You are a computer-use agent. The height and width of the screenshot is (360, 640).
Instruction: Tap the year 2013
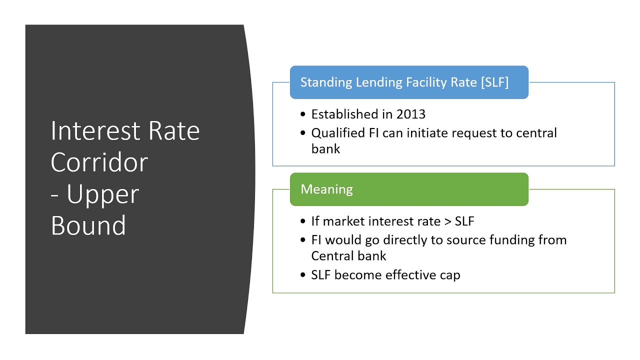pyautogui.click(x=410, y=114)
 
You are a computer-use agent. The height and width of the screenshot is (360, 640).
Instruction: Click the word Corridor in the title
pyautogui.click(x=99, y=162)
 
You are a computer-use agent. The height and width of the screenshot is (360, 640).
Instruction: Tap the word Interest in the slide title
pyautogui.click(x=90, y=131)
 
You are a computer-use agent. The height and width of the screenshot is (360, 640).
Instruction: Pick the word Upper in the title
pyautogui.click(x=102, y=194)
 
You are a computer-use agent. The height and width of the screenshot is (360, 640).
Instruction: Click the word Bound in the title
pyautogui.click(x=88, y=225)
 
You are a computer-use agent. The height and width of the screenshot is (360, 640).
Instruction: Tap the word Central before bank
pyautogui.click(x=334, y=256)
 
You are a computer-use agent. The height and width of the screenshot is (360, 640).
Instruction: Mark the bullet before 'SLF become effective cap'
pyautogui.click(x=303, y=275)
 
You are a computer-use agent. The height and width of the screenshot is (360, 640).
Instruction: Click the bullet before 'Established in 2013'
pyautogui.click(x=303, y=114)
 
